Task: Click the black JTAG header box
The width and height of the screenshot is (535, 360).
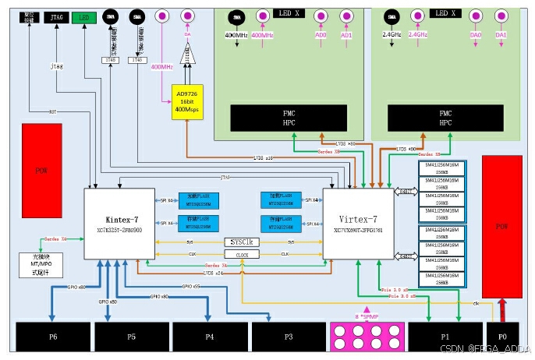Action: [55, 17]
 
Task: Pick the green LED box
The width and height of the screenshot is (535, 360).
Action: [82, 17]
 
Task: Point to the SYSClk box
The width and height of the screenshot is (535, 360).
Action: [242, 242]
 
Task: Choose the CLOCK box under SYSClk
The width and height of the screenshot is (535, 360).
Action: [242, 254]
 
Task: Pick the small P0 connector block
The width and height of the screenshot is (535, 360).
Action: [501, 337]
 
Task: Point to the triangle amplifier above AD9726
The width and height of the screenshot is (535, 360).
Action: [187, 56]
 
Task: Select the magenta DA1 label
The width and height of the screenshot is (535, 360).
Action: [501, 36]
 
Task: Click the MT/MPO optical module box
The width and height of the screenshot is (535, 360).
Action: [38, 265]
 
